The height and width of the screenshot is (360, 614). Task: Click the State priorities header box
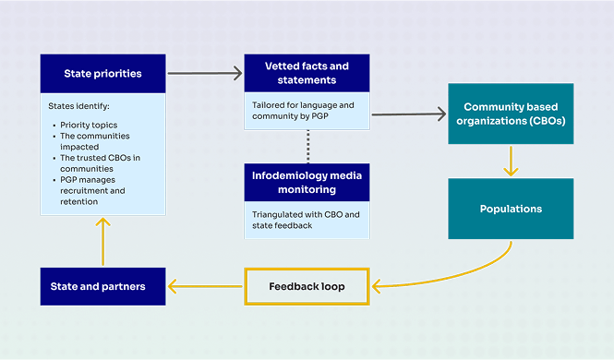[102, 73]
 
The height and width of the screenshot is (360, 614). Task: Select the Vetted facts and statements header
[307, 72]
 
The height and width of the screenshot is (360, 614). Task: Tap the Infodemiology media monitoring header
[307, 182]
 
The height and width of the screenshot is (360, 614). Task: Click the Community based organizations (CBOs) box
[511, 114]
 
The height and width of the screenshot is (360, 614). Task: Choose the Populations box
[511, 209]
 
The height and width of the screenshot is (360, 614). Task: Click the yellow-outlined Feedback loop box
[307, 286]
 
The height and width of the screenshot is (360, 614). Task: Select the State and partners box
[102, 286]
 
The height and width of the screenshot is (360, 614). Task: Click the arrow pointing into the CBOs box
[408, 114]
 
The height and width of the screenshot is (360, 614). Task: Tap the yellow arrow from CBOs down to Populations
[511, 161]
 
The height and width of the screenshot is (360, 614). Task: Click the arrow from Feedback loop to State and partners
[205, 286]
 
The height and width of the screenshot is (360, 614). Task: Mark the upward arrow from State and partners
[103, 242]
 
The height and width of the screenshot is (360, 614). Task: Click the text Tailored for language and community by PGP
[303, 111]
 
